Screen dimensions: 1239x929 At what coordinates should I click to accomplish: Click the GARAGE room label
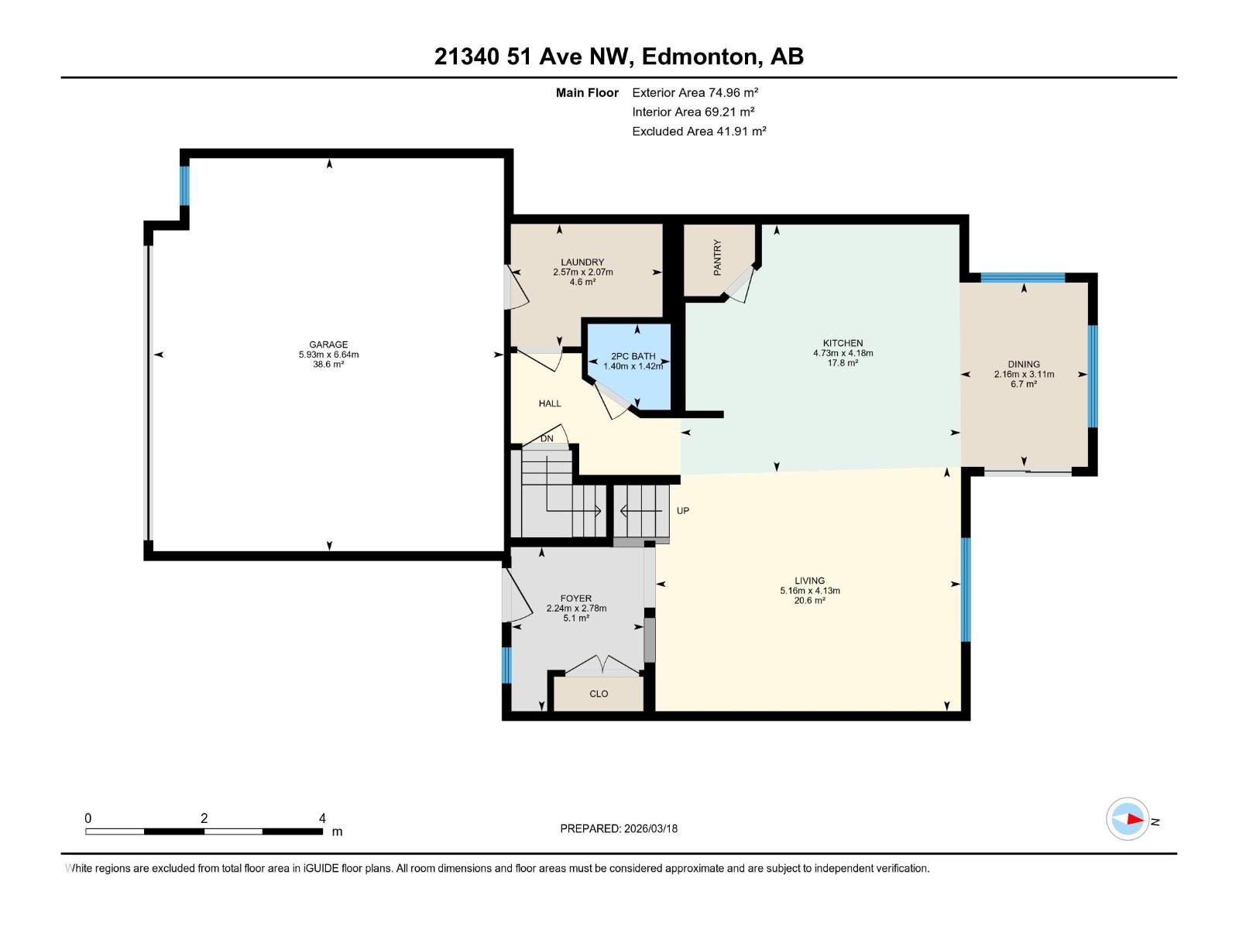(x=328, y=344)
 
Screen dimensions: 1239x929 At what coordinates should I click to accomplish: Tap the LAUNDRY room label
(x=582, y=262)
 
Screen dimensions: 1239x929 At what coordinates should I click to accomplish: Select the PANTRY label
(x=717, y=258)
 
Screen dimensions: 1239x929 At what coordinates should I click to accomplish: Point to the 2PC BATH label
(x=633, y=356)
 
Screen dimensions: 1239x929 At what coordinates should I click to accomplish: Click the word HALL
(x=550, y=403)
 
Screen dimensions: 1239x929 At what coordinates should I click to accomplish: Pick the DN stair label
(x=547, y=438)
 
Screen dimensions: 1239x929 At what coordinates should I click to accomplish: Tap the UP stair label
(x=683, y=510)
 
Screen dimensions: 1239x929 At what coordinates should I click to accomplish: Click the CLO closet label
(x=599, y=694)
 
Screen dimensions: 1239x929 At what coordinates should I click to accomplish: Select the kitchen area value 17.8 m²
(x=843, y=362)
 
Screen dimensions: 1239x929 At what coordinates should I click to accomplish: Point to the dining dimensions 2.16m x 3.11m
(x=1024, y=374)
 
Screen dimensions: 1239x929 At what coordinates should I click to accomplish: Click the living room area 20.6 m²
(x=810, y=600)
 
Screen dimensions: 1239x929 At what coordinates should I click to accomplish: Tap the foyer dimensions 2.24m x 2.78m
(x=576, y=608)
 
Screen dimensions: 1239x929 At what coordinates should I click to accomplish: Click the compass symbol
(x=1127, y=819)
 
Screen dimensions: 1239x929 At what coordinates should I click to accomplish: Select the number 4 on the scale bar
(x=322, y=818)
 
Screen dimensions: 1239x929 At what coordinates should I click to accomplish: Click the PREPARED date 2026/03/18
(x=650, y=828)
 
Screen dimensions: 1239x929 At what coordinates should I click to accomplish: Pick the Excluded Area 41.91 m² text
(x=699, y=132)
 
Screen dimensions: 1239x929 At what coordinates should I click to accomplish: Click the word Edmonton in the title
(x=699, y=57)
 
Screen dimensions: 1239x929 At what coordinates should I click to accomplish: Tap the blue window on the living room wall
(x=966, y=589)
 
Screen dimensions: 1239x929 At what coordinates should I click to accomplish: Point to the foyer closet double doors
(x=602, y=665)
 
